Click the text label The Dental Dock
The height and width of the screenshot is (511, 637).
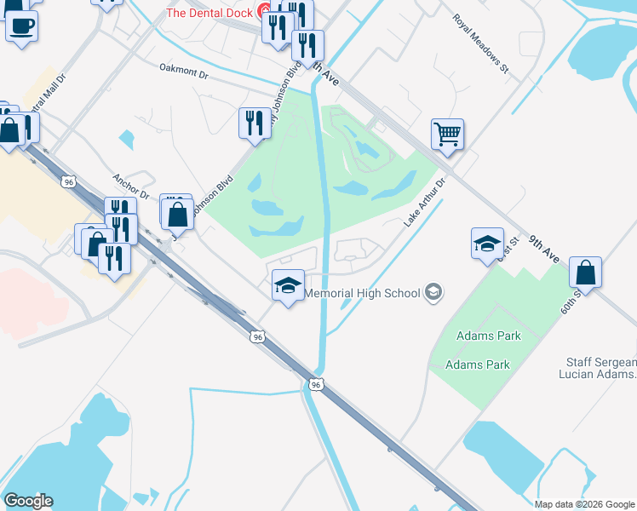pos(211,12)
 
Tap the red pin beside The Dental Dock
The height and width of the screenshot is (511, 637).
pos(264,12)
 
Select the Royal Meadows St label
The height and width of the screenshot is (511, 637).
pos(479,45)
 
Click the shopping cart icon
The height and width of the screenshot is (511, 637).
pos(447,134)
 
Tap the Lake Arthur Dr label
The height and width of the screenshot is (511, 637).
pos(425,203)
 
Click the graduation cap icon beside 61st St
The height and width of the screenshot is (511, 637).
pos(488,244)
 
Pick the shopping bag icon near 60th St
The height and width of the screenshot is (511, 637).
pos(585,273)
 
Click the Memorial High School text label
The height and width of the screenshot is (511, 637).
pos(362,293)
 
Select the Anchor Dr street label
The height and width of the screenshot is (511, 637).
pos(131,187)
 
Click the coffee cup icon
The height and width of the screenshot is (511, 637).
pos(21,25)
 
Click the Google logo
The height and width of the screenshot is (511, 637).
pos(28,501)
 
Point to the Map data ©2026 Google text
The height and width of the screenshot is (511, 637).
pos(584,504)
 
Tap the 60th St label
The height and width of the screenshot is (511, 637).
pos(570,299)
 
